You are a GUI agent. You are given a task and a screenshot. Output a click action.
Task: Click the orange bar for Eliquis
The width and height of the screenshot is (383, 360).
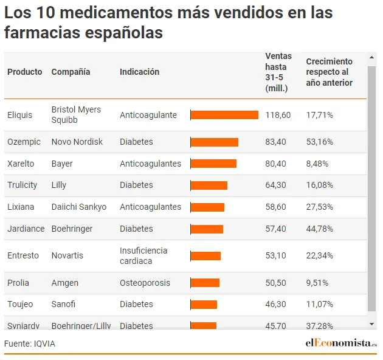[x=224, y=115]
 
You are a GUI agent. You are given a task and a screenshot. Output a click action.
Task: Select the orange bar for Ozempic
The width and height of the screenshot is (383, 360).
[x=214, y=142]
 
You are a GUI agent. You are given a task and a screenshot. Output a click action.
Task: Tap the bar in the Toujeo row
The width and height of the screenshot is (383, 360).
[x=204, y=304]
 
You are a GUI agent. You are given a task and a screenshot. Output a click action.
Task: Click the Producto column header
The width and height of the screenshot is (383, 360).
[x=25, y=72]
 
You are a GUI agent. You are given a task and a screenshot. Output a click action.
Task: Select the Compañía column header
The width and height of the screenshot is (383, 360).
[x=71, y=72]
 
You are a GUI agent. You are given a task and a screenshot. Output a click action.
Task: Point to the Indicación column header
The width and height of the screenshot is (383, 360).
[x=139, y=72]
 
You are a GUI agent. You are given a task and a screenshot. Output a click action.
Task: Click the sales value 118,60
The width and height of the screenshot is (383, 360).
[x=278, y=115]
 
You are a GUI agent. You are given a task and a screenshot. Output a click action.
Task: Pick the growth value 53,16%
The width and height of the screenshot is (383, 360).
[x=319, y=142]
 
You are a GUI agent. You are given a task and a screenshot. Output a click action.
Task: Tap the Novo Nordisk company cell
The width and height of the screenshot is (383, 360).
[x=77, y=142]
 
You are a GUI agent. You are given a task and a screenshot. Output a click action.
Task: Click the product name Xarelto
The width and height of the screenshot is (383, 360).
[x=21, y=164]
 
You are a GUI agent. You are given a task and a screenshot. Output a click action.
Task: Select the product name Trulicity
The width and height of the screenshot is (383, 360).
[x=22, y=185]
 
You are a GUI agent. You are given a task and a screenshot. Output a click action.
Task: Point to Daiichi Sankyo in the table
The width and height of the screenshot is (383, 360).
[x=79, y=207]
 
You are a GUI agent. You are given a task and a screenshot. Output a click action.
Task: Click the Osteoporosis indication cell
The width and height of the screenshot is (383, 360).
[x=145, y=283]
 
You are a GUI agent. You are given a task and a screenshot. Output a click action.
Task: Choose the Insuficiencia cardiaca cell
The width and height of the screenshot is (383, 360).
[x=143, y=255]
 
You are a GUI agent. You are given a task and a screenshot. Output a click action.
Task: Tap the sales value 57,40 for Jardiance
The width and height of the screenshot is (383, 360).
[x=275, y=229]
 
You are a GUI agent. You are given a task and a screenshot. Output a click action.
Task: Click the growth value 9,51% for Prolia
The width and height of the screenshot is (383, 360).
[x=317, y=283]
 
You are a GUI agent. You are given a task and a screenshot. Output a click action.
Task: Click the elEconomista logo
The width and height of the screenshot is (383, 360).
[x=340, y=343]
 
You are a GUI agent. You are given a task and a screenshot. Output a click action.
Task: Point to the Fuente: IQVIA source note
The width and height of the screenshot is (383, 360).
[x=30, y=344]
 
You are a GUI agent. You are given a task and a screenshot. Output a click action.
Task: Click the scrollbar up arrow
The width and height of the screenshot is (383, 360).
[x=372, y=58]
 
